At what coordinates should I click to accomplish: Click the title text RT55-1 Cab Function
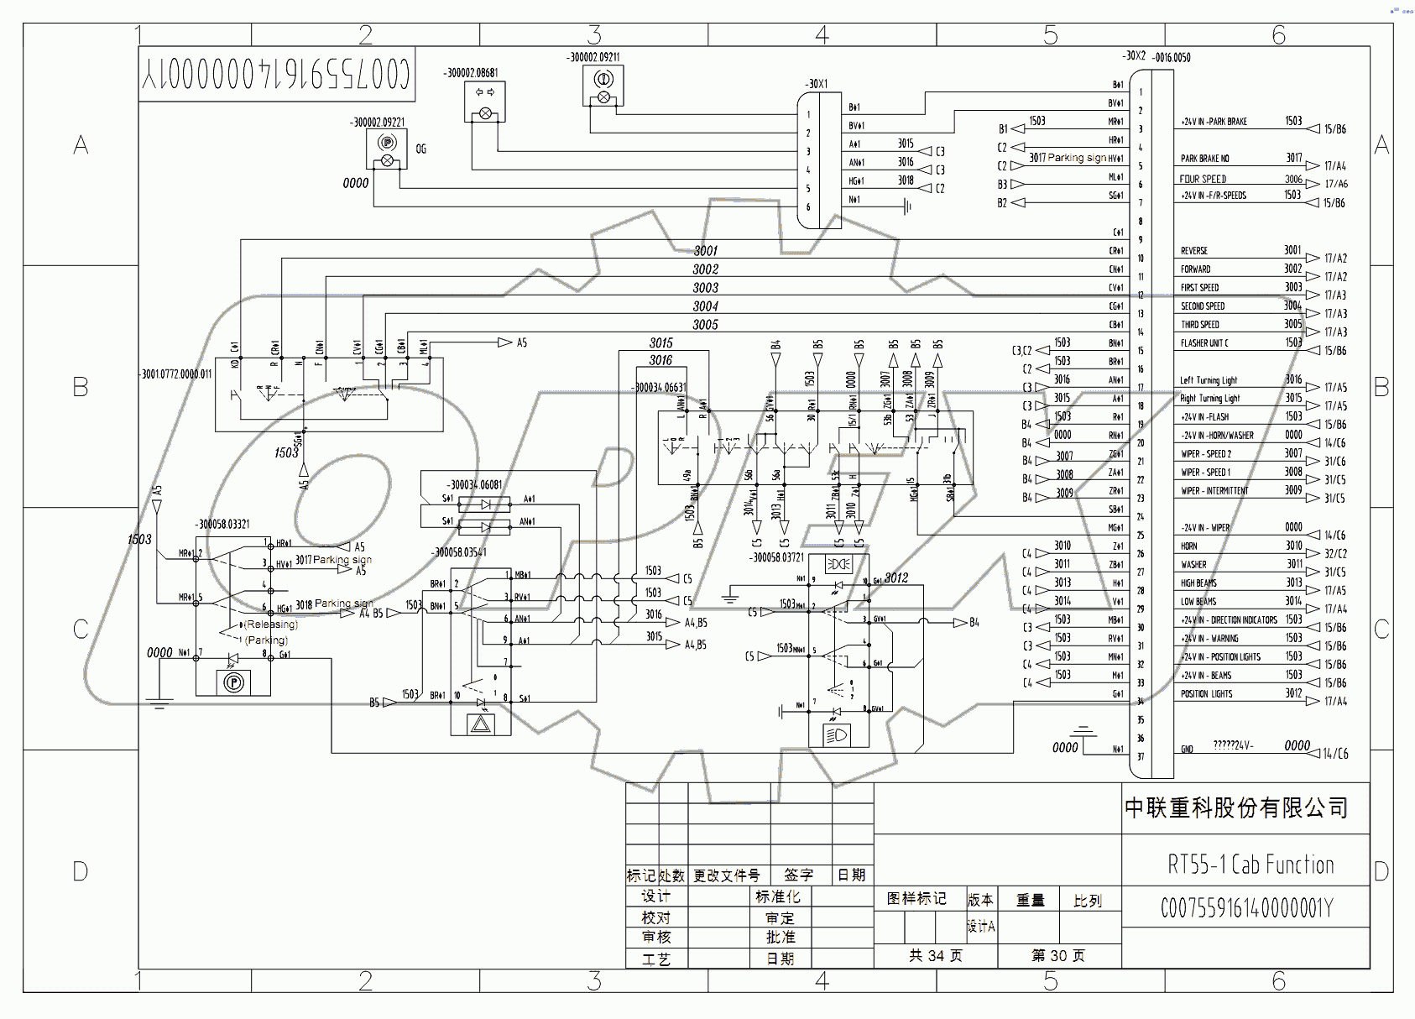1251,865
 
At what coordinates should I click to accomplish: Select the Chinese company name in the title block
1236,808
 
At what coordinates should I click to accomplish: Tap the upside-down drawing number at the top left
276,75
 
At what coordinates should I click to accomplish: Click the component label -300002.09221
377,123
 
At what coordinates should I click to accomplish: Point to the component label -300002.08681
471,73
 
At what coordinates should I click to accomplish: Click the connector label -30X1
817,84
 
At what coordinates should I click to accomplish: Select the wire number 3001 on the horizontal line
705,251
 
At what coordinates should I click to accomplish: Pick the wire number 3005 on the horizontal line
705,325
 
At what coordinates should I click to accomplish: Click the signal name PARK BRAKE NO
1204,159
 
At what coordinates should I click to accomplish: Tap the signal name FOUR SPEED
1203,179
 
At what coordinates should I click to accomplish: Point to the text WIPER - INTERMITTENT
1214,491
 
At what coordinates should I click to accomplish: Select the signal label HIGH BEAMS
1198,583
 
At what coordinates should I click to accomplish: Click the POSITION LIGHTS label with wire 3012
1206,694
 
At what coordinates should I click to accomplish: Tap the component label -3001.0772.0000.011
176,374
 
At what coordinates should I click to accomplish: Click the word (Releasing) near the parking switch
270,624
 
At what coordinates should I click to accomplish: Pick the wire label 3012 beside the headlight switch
895,578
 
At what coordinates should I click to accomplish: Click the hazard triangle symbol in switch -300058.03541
481,724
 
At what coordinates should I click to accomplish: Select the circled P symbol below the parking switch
233,682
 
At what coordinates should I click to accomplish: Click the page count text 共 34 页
935,956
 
